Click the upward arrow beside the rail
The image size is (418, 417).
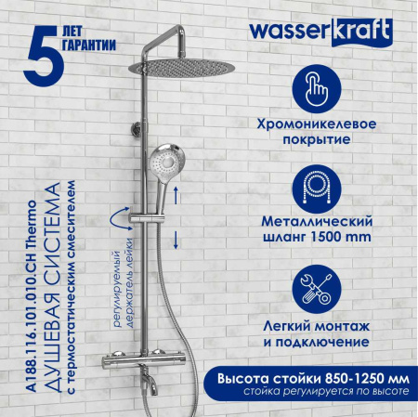click(176, 191)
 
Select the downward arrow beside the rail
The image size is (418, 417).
click(176, 238)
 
